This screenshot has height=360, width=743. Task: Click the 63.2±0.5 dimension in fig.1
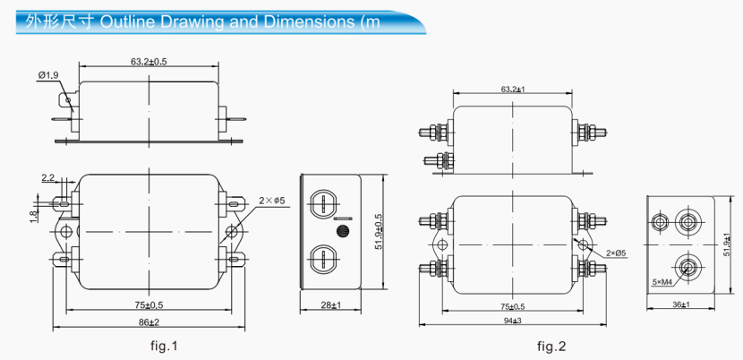[149, 62]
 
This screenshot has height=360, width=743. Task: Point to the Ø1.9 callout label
[48, 75]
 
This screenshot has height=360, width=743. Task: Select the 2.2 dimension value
[47, 178]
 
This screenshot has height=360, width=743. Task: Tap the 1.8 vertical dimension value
[33, 214]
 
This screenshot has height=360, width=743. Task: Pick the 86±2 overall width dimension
[148, 321]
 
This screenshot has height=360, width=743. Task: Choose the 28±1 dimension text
[330, 305]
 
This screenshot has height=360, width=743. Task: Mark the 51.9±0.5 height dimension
[379, 232]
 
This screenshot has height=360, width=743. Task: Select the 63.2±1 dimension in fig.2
[512, 89]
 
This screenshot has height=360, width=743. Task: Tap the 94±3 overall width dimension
[512, 320]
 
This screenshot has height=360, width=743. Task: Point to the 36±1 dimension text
[680, 305]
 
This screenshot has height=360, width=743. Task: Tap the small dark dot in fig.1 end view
[340, 231]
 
